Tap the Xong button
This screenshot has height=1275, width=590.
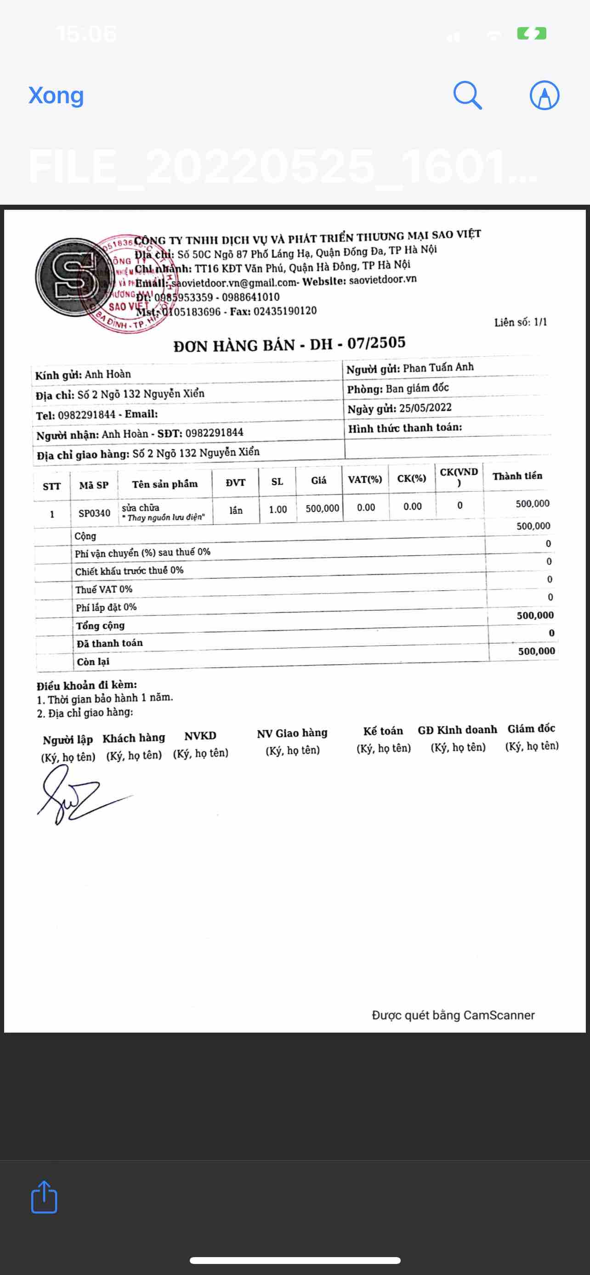(x=56, y=95)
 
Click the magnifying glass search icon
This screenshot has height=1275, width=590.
(x=467, y=95)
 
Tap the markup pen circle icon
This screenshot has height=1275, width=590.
(x=544, y=95)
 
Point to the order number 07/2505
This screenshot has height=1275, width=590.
(x=376, y=342)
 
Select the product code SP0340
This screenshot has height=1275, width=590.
(x=94, y=513)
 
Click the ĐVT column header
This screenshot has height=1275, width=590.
(x=235, y=482)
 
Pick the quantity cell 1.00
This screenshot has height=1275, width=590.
(x=278, y=509)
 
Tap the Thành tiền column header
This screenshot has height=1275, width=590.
(x=517, y=476)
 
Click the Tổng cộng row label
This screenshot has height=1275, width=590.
(x=100, y=626)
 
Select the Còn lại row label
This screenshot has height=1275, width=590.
(x=93, y=662)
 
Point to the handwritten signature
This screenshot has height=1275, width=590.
(x=74, y=795)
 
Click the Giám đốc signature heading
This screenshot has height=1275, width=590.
(x=531, y=728)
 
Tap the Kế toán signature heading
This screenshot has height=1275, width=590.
(x=383, y=731)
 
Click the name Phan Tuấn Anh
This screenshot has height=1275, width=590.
(x=438, y=367)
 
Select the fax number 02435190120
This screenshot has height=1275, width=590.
(x=285, y=311)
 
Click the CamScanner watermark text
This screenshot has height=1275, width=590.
(x=453, y=1016)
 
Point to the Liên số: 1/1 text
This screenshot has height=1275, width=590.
(x=520, y=322)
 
